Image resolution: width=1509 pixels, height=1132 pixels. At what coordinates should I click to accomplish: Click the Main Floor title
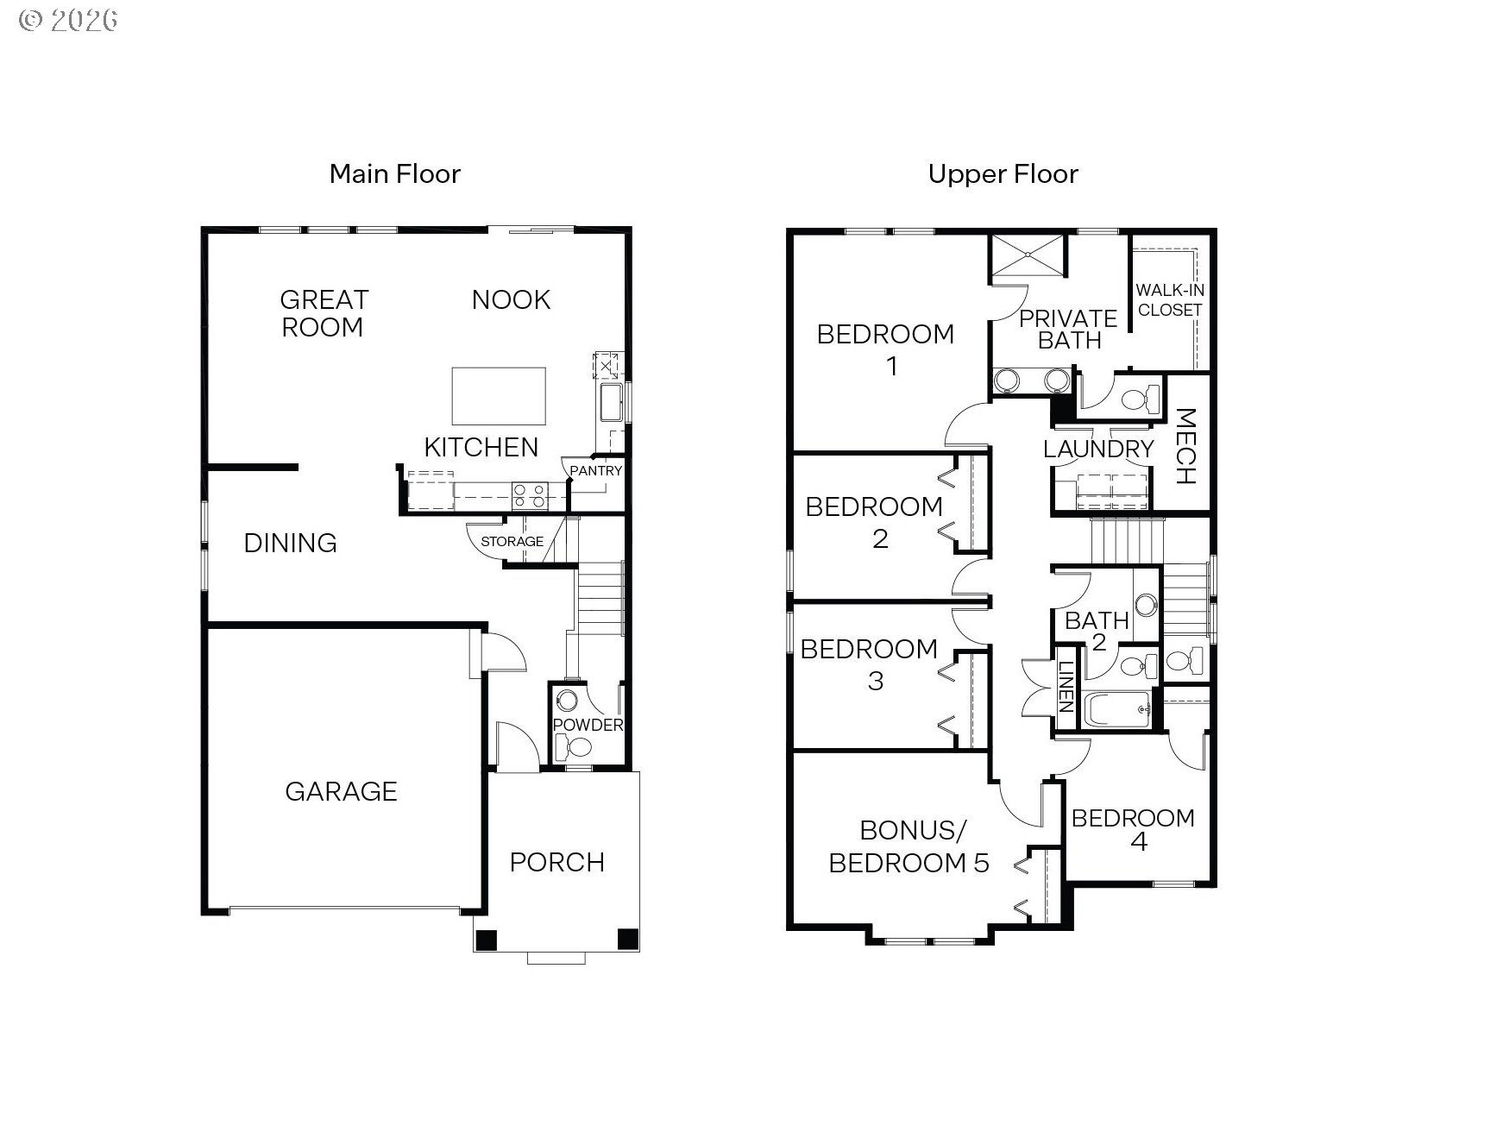coord(395,174)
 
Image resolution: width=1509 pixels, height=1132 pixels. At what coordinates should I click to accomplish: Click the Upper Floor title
coord(1003,174)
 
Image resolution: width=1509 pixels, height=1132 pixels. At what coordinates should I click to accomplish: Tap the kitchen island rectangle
coord(499,396)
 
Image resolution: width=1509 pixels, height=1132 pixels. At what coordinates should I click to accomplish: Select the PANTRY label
coord(595,471)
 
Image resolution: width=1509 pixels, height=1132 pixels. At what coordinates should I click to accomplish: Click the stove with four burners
coord(529,495)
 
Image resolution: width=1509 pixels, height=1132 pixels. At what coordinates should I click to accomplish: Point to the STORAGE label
coord(512,542)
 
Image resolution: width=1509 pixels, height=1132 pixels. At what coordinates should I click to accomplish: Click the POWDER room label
coord(588,725)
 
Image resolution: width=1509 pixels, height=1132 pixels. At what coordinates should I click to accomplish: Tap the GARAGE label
coord(341,791)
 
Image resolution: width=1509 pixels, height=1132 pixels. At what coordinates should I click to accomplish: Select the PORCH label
coord(556,862)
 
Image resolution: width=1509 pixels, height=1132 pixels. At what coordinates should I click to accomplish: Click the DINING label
coord(290,543)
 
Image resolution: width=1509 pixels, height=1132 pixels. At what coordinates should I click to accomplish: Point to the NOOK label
coord(511,299)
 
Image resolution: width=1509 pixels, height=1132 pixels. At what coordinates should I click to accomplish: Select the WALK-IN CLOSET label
coord(1170,300)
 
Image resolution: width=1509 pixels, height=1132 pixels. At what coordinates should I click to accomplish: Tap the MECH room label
coord(1185,446)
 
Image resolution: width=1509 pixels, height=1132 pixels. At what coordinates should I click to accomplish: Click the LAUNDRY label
coord(1098,449)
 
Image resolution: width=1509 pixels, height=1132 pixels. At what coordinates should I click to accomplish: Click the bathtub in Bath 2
coord(1117,710)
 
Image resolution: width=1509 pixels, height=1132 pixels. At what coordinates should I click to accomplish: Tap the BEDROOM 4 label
coord(1133,829)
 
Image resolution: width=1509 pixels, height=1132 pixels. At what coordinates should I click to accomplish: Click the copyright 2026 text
coord(68,20)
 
